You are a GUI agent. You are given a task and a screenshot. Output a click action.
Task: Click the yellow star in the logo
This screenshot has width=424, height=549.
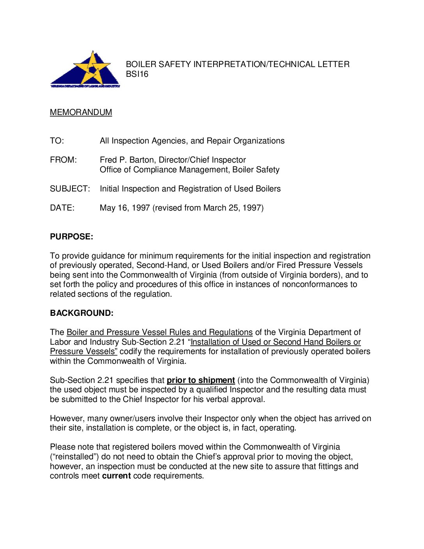tap(92, 68)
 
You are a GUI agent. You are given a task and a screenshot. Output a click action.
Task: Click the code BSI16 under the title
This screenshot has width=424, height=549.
tap(137, 74)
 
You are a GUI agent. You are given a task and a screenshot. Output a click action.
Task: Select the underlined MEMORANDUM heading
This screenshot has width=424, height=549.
tap(81, 112)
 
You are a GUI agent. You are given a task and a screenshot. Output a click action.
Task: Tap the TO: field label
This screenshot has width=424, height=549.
tap(57, 141)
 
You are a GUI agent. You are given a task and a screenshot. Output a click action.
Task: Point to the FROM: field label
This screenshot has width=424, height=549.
tap(63, 160)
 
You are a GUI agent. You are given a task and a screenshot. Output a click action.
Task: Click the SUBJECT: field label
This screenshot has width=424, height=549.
tap(70, 189)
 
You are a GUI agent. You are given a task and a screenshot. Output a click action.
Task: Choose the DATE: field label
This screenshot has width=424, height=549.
tap(62, 208)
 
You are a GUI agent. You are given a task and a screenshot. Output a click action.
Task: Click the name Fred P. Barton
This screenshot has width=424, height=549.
tap(127, 160)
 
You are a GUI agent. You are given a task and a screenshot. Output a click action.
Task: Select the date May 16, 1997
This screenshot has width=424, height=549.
tap(125, 208)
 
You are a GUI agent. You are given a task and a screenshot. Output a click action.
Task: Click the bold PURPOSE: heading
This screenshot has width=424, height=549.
tap(71, 237)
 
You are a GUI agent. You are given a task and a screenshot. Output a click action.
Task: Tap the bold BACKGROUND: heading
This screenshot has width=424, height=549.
tap(81, 313)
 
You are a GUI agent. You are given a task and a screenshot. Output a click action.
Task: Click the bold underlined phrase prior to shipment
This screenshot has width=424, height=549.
tap(201, 380)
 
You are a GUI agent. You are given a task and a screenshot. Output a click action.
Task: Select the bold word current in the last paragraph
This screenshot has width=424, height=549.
tap(116, 476)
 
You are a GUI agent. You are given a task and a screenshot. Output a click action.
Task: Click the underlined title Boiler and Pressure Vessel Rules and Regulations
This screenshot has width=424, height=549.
tap(159, 332)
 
